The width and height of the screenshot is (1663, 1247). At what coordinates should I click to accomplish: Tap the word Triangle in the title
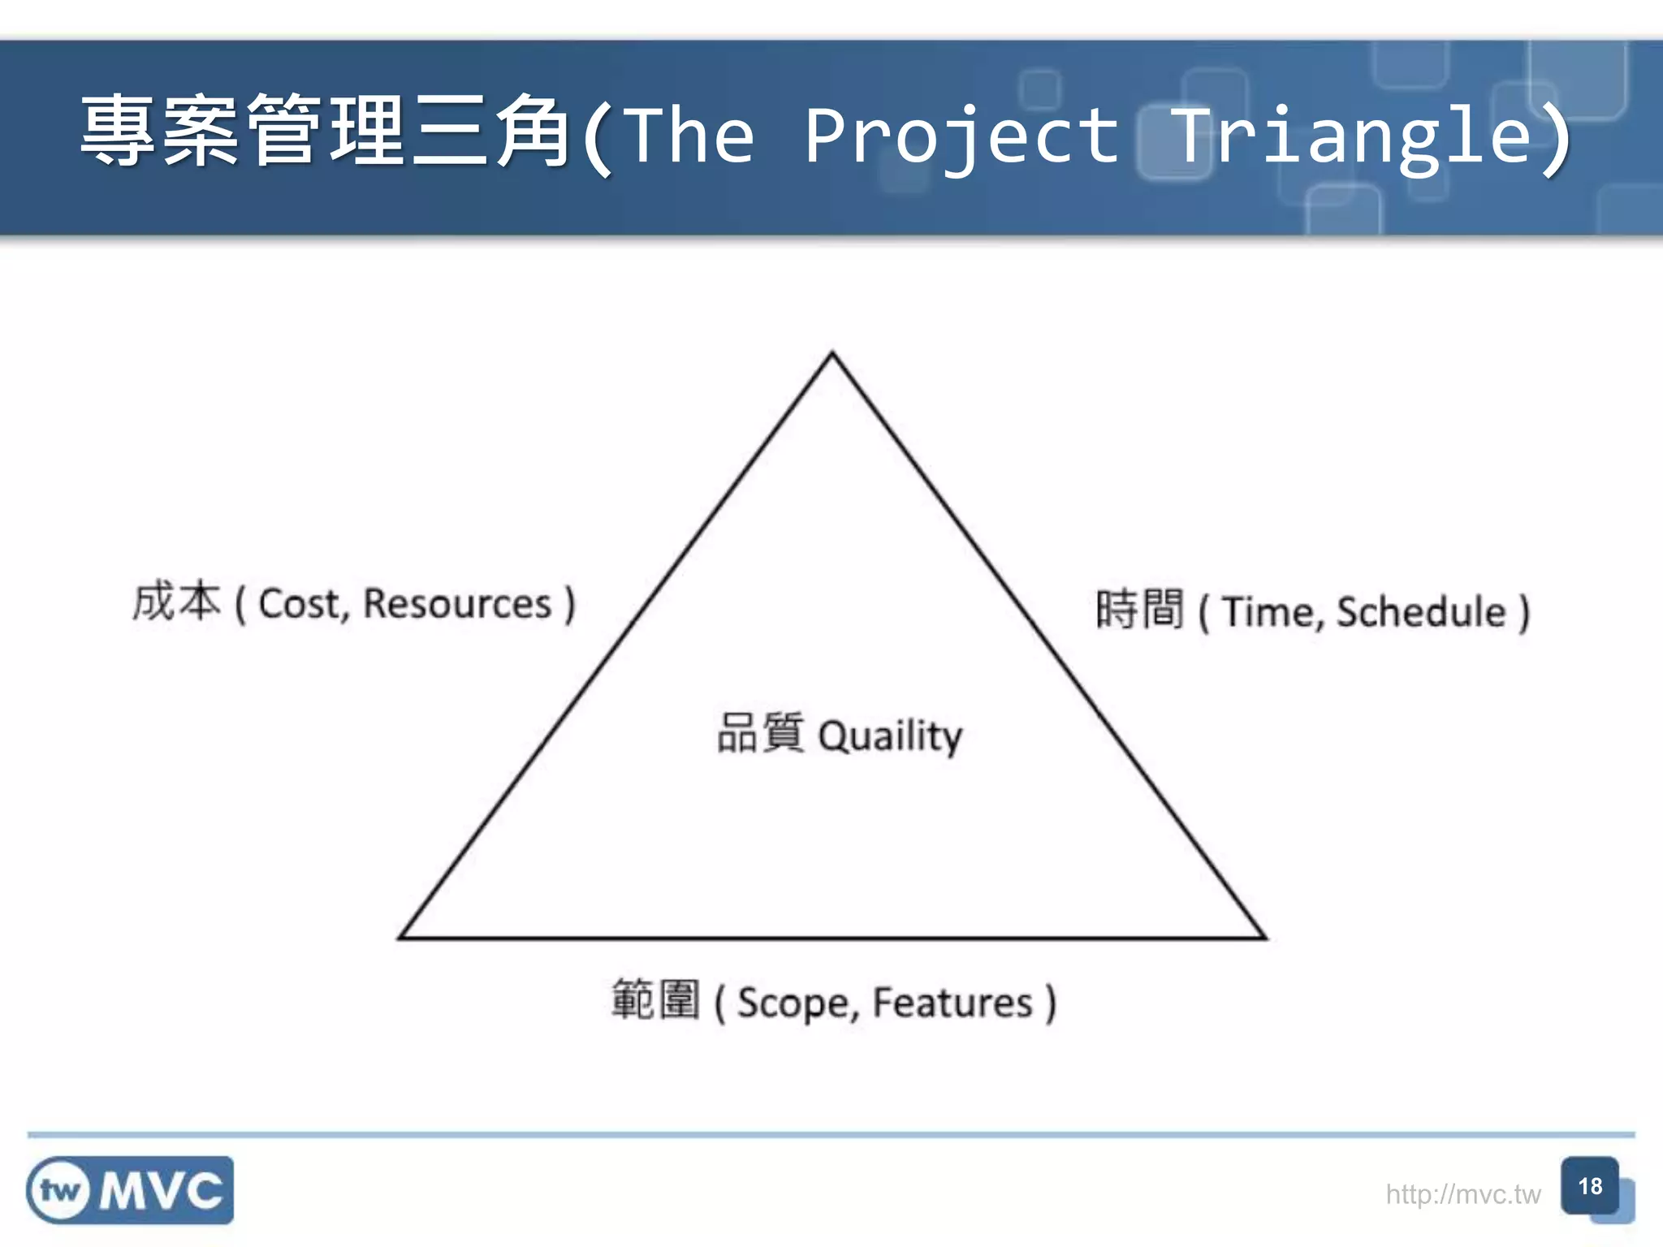click(1352, 136)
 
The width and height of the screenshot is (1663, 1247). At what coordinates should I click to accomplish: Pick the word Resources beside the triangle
click(457, 605)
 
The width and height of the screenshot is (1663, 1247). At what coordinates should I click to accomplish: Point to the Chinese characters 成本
click(176, 602)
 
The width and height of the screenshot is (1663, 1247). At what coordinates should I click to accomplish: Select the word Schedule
click(1421, 612)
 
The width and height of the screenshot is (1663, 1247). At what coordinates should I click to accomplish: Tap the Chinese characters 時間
click(1139, 610)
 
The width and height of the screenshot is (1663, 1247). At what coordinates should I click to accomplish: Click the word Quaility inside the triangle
click(890, 736)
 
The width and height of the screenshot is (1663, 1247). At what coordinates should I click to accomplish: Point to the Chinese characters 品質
click(760, 733)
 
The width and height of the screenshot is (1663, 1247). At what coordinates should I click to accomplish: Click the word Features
click(952, 1003)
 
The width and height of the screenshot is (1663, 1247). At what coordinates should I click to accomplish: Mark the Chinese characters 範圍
click(655, 1000)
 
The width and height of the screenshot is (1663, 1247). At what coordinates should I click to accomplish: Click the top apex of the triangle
click(831, 355)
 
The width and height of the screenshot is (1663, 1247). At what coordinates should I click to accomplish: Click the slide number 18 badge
click(1589, 1187)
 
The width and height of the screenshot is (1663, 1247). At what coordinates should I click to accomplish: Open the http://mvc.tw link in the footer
click(1462, 1194)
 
